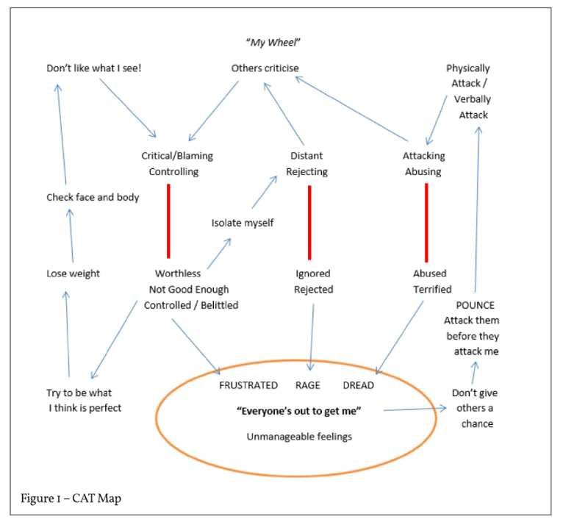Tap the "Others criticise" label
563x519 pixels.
click(265, 68)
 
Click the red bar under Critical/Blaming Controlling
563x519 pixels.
click(169, 221)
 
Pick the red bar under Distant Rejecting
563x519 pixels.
click(309, 221)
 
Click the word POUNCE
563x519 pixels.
click(474, 305)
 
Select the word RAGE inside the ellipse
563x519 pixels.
click(307, 385)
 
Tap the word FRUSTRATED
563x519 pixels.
click(248, 385)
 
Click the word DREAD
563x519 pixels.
click(358, 385)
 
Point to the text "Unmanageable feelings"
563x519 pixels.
click(298, 437)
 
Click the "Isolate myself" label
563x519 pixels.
click(243, 223)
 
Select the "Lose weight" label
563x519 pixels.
click(73, 273)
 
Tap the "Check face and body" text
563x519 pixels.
click(93, 197)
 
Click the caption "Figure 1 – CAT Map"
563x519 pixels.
click(71, 498)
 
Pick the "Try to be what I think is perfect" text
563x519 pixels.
click(83, 401)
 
